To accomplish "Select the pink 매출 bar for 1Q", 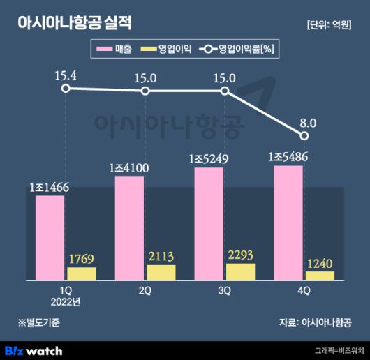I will click(50, 237).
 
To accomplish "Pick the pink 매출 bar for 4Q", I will click(288, 223).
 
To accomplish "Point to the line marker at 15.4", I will click(66, 89).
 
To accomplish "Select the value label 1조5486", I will click(288, 157).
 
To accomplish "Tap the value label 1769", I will click(82, 260).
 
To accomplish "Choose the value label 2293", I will click(241, 255).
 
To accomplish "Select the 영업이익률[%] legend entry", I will click(237, 50).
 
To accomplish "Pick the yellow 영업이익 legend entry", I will click(166, 50).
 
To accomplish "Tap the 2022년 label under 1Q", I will click(66, 301).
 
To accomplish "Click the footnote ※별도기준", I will click(40, 322).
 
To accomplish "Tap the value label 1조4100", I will click(129, 167).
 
